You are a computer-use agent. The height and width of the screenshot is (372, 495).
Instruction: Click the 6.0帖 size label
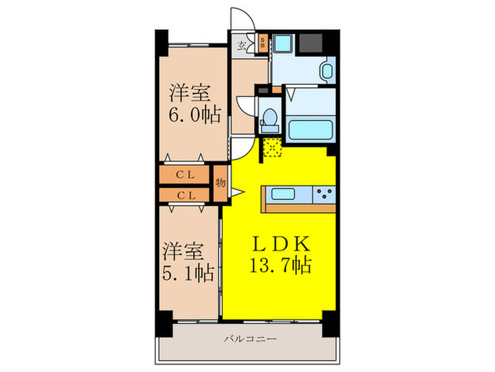(x=193, y=115)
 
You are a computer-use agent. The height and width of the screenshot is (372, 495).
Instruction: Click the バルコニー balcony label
(x=246, y=339)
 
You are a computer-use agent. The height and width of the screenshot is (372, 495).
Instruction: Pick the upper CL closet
(x=186, y=174)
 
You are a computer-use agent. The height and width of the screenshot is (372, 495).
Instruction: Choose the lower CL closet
(x=186, y=194)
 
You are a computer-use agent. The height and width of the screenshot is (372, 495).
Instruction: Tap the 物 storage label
(x=220, y=183)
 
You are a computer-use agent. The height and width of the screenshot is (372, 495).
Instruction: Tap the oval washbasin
(x=327, y=72)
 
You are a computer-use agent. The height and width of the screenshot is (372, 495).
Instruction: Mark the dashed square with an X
(x=272, y=148)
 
